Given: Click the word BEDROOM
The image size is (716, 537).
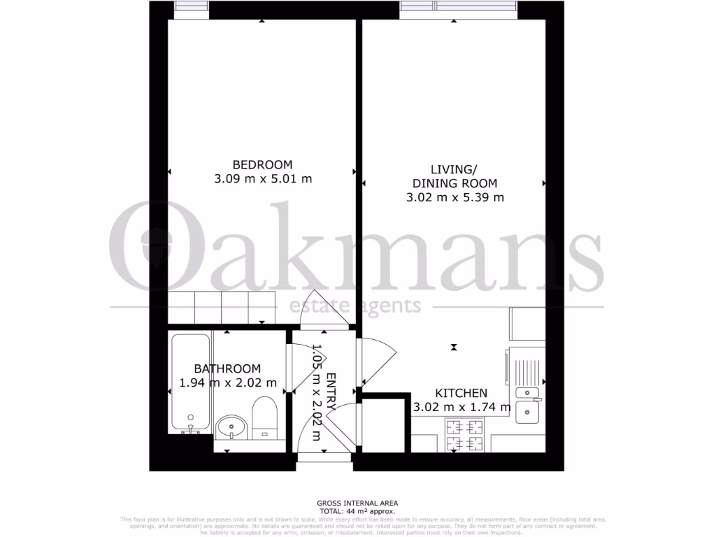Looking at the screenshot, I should coord(262,164).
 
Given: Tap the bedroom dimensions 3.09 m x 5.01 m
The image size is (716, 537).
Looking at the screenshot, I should coord(262,178).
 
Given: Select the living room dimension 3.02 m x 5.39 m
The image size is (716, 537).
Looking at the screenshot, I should coord(454,197).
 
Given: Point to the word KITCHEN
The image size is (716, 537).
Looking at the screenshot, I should coord(461,393).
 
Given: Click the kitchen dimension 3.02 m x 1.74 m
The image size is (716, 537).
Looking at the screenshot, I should coord(461,407).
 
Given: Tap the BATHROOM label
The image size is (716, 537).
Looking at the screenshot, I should coord(227,368).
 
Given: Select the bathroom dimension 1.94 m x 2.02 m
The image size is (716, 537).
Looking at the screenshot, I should coord(228,382).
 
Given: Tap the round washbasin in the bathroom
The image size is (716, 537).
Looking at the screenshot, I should coord(231,425).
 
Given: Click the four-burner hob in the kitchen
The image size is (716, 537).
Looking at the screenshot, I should coord(464,434).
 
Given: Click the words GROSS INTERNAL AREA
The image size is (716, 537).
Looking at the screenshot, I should coord(357,503).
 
